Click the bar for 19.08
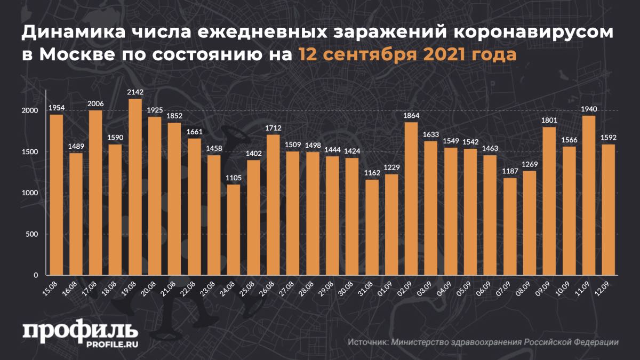(x=135, y=187)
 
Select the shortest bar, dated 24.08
(x=234, y=230)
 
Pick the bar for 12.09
(x=609, y=210)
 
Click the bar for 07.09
(x=510, y=226)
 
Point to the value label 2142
(x=135, y=93)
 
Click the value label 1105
(x=234, y=178)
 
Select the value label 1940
(x=589, y=109)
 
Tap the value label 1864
(x=411, y=116)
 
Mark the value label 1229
(x=391, y=168)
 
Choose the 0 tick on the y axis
(x=37, y=275)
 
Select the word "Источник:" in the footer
(x=368, y=342)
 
